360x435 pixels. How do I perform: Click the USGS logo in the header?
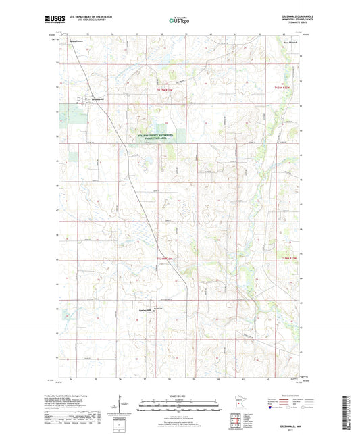pyautogui.click(x=50, y=21)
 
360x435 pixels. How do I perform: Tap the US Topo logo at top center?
pyautogui.click(x=176, y=21)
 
